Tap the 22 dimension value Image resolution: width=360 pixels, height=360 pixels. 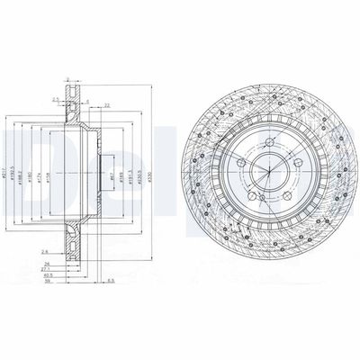tap(105, 105)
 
